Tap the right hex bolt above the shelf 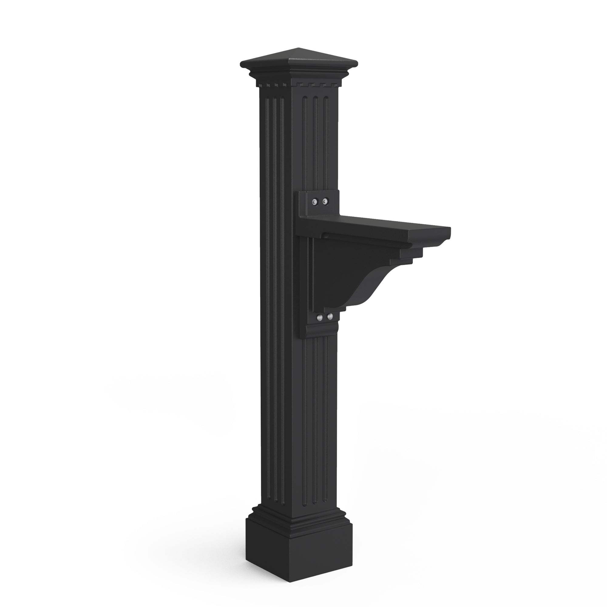point(324,200)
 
